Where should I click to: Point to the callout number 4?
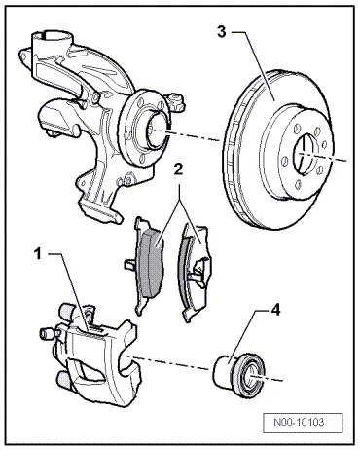point(276,313)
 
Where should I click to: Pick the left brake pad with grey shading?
point(150,255)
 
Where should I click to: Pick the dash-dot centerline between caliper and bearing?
point(175,364)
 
